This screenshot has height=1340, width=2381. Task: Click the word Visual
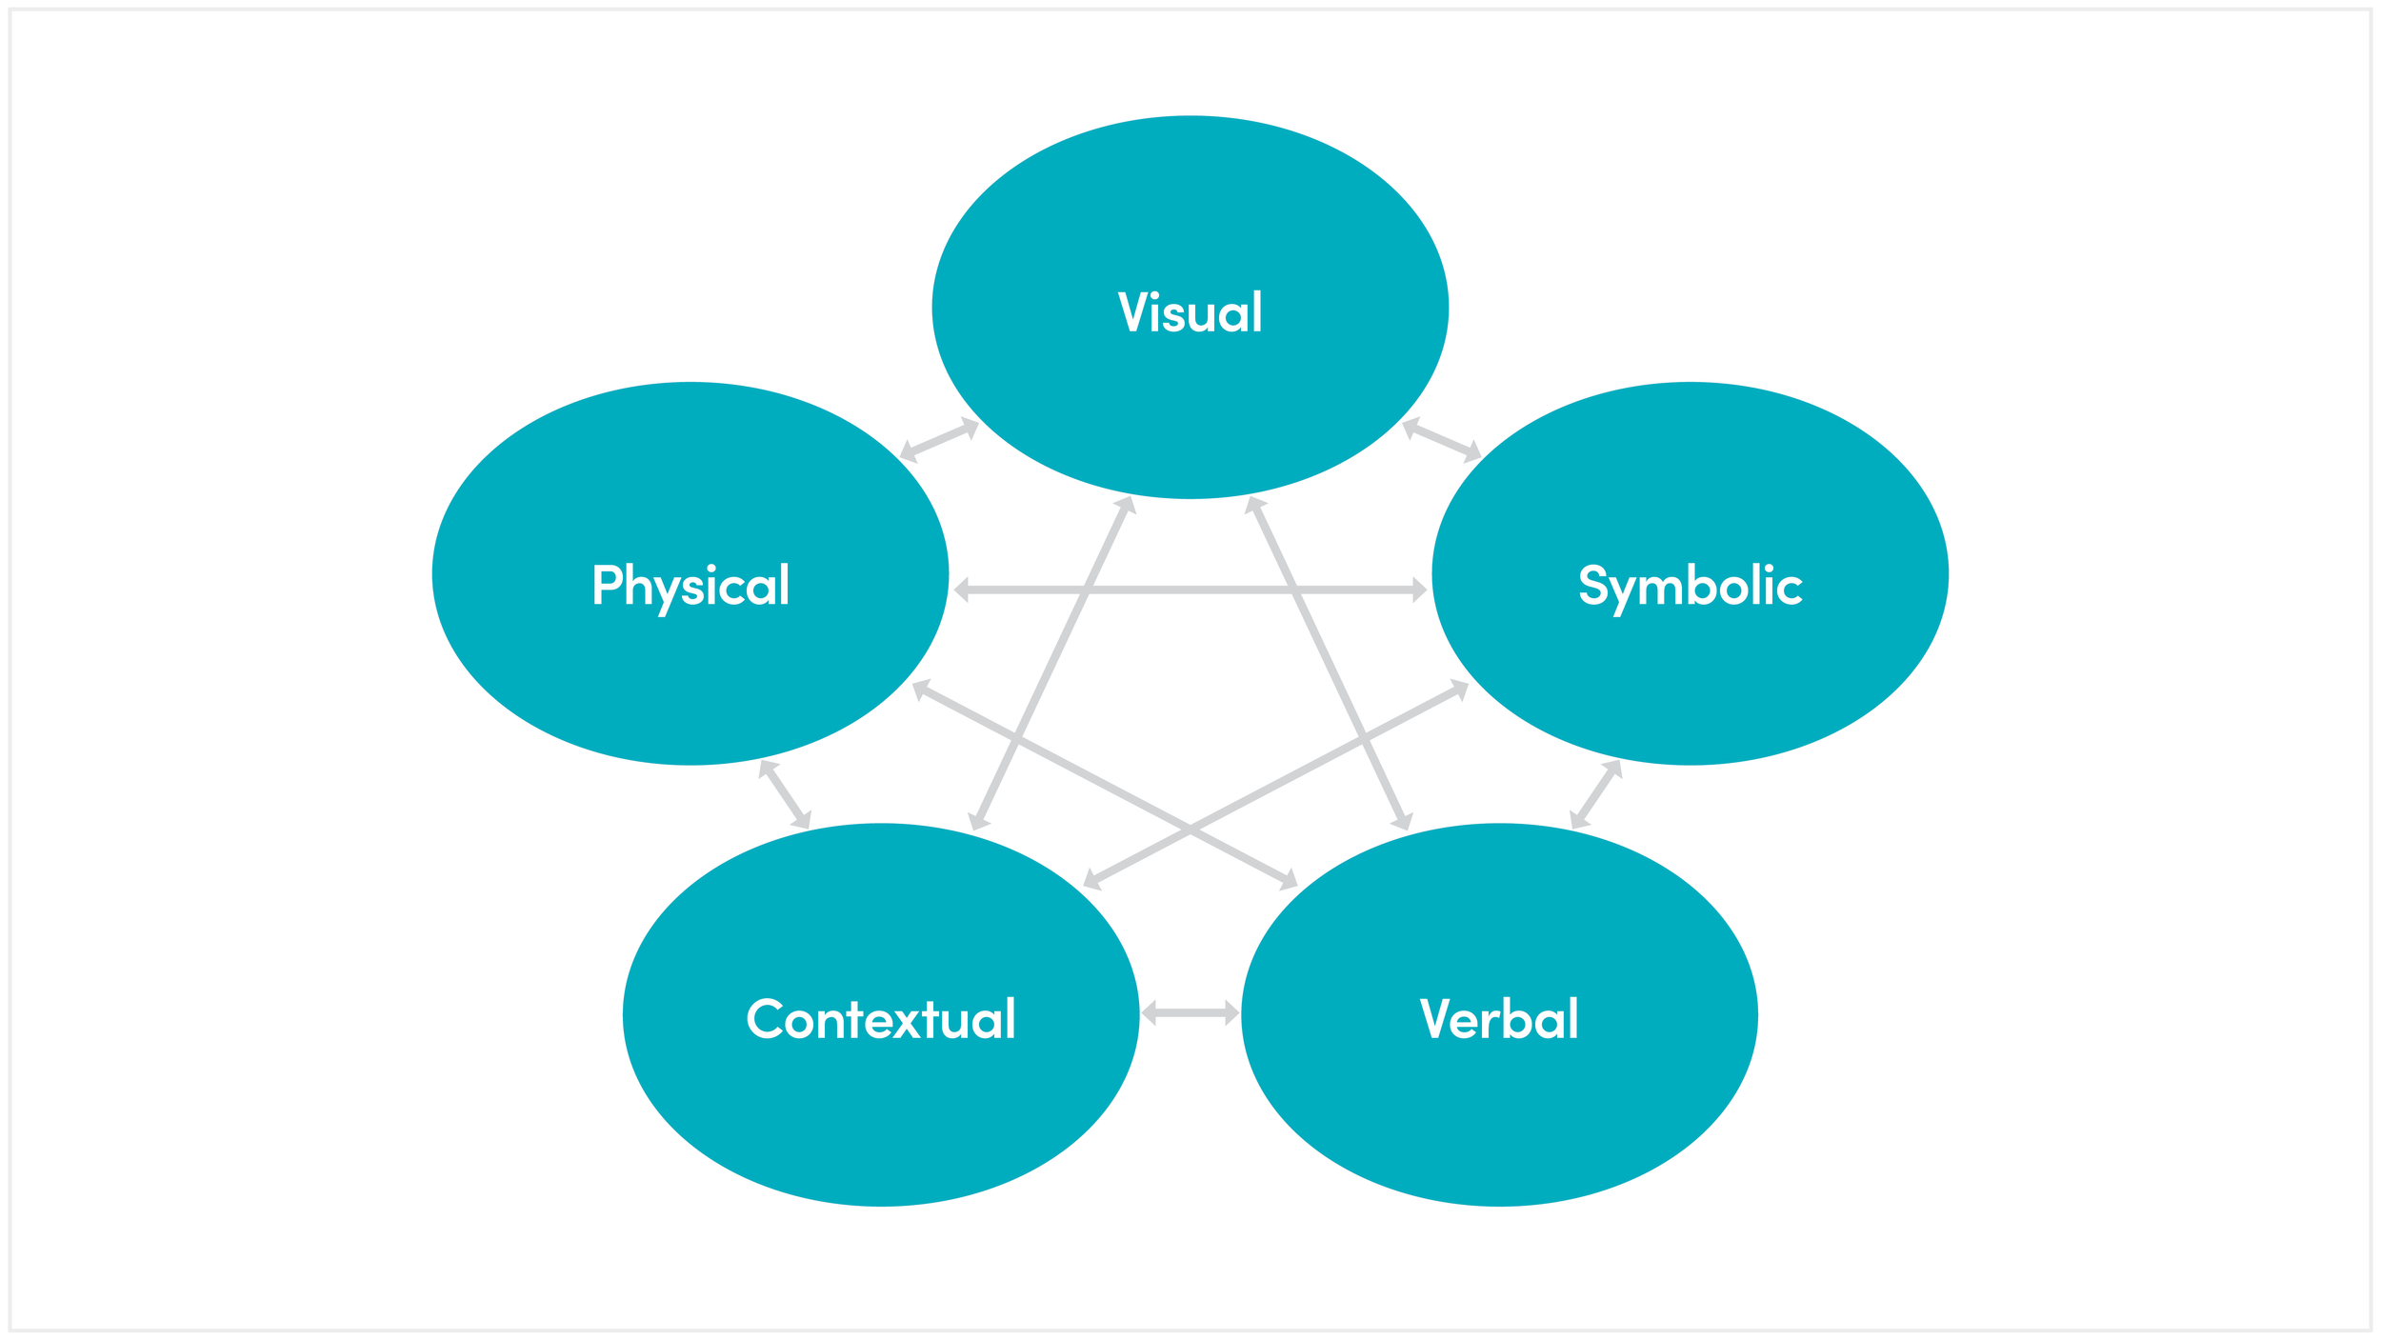tap(1190, 312)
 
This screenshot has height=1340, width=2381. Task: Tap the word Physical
tap(690, 586)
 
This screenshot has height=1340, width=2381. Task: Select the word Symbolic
tap(1691, 586)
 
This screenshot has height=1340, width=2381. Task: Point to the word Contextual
tap(881, 1019)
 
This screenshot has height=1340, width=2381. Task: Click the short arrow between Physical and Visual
tap(939, 440)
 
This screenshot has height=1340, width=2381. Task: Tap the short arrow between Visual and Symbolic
tap(1442, 440)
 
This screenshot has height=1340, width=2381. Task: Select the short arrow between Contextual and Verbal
tap(1190, 1013)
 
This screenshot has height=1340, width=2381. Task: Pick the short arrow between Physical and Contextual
tap(785, 794)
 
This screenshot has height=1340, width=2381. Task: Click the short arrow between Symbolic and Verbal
tap(1595, 794)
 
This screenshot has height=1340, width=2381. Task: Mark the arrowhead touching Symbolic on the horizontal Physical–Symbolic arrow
tap(1419, 590)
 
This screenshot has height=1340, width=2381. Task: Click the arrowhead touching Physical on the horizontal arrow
tap(962, 590)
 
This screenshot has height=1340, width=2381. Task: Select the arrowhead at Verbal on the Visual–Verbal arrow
tap(1403, 821)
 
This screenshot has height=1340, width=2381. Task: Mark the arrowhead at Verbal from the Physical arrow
tap(1289, 880)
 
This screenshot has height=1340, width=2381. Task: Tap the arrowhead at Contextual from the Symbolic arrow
tap(1092, 880)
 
